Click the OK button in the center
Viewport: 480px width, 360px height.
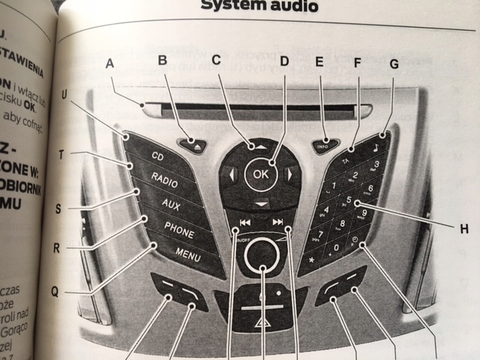click(x=260, y=173)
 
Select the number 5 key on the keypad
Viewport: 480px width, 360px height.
click(x=349, y=201)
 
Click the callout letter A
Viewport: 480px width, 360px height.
click(x=110, y=64)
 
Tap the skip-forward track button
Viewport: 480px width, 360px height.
click(x=278, y=222)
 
